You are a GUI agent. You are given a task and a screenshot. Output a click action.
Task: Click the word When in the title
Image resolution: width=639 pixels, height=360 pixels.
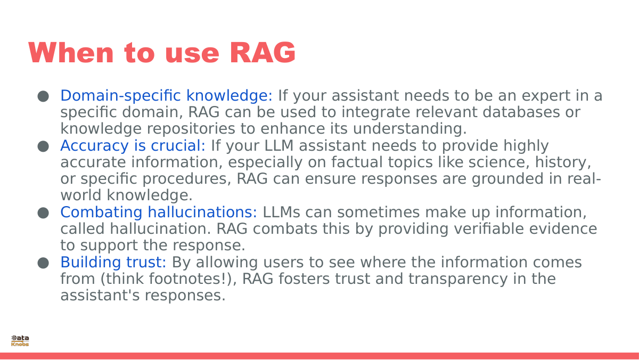(71, 52)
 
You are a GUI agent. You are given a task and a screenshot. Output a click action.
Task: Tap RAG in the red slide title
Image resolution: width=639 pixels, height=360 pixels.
(263, 52)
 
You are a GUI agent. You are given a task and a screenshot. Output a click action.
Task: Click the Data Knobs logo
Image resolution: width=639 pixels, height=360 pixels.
(20, 341)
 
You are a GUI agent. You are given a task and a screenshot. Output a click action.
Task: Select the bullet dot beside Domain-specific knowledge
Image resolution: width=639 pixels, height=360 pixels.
(43, 96)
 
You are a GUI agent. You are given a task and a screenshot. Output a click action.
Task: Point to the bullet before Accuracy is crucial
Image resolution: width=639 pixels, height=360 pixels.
(43, 146)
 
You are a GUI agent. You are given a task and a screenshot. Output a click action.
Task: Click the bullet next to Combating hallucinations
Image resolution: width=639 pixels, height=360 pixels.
(43, 213)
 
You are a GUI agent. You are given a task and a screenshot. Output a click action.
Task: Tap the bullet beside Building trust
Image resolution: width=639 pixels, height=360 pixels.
(43, 263)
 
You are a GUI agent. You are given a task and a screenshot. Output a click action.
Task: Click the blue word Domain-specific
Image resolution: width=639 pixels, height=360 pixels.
(121, 96)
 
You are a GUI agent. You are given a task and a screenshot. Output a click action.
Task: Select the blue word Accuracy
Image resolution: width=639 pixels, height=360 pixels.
(94, 146)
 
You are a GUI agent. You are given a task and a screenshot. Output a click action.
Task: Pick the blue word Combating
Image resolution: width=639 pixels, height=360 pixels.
(101, 212)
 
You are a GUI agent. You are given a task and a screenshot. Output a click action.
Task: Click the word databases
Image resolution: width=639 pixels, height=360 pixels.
(521, 112)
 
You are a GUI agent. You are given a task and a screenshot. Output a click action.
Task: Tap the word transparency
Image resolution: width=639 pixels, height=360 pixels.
(458, 280)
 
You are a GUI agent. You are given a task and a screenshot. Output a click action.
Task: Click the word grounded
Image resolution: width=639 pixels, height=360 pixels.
(507, 179)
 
